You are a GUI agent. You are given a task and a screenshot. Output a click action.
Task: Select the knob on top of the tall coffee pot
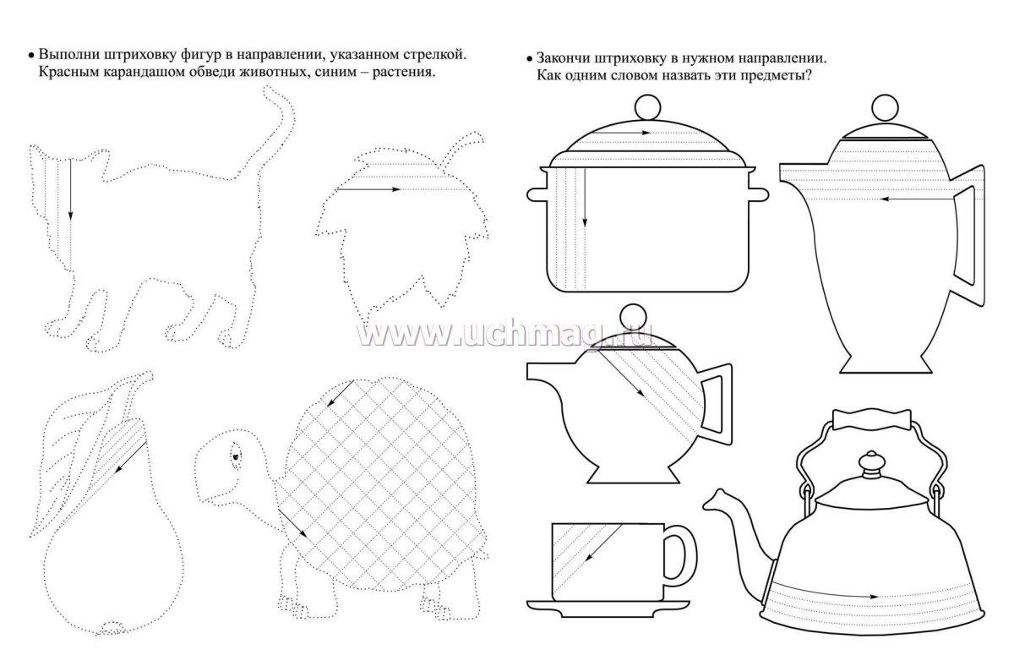(885, 107)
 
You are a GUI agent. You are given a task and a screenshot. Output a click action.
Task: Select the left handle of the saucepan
(537, 194)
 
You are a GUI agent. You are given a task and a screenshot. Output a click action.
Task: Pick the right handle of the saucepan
(758, 194)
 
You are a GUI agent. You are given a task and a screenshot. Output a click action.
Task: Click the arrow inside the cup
(603, 543)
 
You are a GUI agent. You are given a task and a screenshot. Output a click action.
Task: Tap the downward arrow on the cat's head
(70, 189)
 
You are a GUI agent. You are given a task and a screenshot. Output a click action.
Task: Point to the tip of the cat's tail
(268, 90)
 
